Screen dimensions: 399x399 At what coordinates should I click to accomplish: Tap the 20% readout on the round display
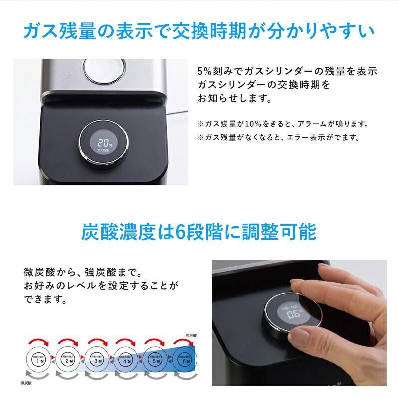[x=104, y=141]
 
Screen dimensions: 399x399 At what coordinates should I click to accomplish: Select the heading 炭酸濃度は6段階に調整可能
[x=199, y=232]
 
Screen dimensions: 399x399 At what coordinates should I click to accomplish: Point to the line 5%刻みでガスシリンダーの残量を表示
[x=287, y=71]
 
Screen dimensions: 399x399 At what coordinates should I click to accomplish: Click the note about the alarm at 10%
[x=282, y=123]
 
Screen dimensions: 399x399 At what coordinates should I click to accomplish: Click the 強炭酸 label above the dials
[x=193, y=336]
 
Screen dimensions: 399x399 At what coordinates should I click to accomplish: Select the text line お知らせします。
[x=234, y=99]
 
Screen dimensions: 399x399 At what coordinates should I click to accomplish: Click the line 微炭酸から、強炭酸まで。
[x=83, y=273]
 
